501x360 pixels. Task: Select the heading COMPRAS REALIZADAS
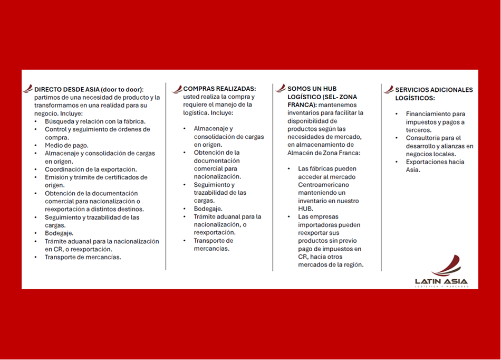pos(219,89)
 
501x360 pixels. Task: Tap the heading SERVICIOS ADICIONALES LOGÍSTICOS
pos(434,94)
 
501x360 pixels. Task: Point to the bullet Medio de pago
pos(66,145)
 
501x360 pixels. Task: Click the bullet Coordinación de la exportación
pos(91,169)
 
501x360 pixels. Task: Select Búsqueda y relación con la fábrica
pos(95,121)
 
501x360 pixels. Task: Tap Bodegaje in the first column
pos(59,233)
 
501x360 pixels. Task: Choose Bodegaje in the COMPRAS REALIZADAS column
pos(208,209)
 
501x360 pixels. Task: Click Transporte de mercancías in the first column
pos(83,257)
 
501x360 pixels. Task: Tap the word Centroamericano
pos(323,185)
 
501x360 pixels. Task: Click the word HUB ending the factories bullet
pos(306,209)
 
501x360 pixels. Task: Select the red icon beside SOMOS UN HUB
pos(281,88)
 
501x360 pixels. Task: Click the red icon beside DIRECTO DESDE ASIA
pos(27,89)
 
